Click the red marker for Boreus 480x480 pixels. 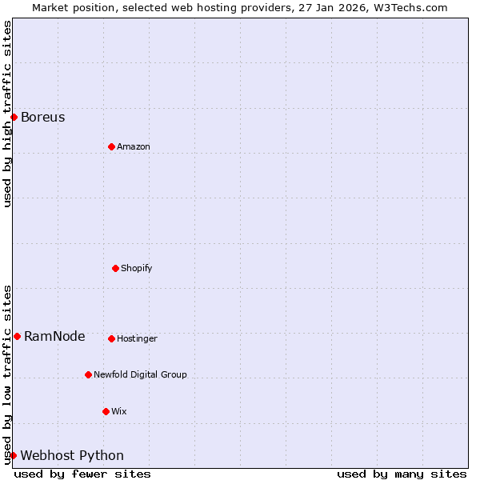click(x=14, y=117)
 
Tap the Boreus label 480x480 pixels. click(x=43, y=118)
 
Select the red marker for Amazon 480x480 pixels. click(x=111, y=146)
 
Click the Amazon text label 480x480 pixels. click(x=134, y=147)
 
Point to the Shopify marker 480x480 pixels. click(x=115, y=268)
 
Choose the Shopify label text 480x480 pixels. click(x=137, y=269)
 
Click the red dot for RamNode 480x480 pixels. click(x=17, y=336)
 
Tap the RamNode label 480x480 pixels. click(x=54, y=337)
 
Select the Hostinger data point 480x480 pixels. click(x=111, y=338)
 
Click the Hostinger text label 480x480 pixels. click(x=138, y=339)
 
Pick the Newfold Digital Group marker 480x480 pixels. click(x=88, y=374)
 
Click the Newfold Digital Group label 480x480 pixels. click(x=140, y=375)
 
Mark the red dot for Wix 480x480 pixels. click(x=106, y=411)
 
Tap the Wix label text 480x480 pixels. click(x=119, y=412)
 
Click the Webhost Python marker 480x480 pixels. click(x=13, y=455)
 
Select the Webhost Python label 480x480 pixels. click(x=72, y=456)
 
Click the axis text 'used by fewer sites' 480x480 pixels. click(x=82, y=474)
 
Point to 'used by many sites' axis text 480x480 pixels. click(x=402, y=474)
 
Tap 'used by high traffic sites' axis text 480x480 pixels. click(x=7, y=114)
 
